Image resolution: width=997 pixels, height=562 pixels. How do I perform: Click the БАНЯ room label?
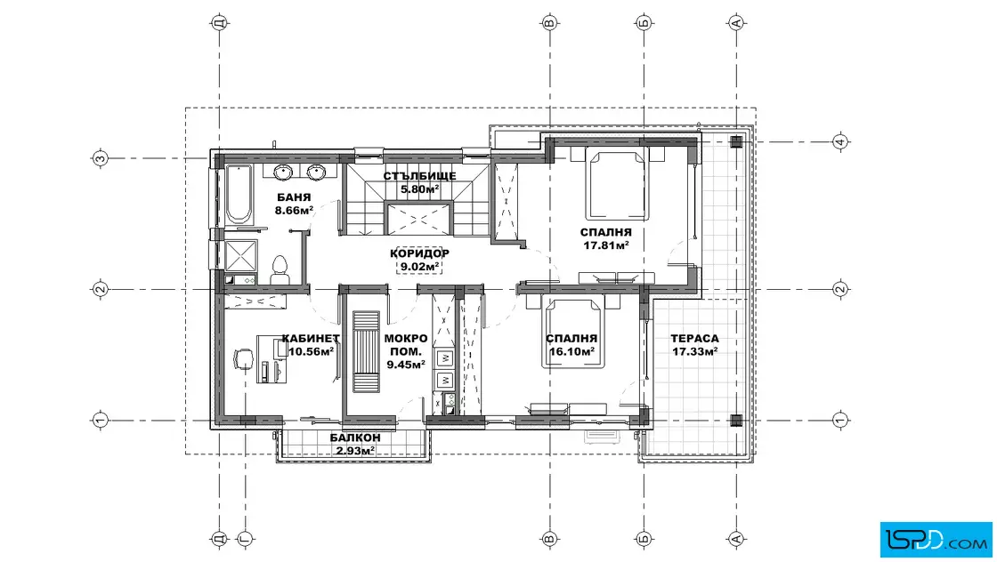[294, 197]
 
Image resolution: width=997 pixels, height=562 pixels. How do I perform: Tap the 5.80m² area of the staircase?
[419, 189]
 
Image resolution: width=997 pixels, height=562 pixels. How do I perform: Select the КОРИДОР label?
[419, 253]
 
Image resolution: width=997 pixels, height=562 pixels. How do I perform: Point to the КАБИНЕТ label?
[311, 339]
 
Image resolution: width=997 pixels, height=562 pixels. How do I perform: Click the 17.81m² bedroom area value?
[606, 245]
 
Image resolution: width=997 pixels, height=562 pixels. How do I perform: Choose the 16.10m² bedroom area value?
[571, 351]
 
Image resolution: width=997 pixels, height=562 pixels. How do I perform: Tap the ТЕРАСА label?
[694, 339]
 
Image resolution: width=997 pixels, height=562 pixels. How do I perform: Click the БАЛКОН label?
[355, 438]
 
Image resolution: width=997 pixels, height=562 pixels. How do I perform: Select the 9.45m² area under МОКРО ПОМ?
[406, 365]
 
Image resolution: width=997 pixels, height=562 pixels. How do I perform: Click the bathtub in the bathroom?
[239, 195]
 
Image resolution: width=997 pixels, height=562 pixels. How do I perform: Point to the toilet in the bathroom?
[280, 270]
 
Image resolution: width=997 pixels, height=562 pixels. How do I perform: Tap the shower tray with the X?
[241, 255]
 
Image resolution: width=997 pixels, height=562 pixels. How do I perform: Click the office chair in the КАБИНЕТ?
[243, 359]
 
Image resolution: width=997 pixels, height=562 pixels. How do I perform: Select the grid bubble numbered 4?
[840, 141]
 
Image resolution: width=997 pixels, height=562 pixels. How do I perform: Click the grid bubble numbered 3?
[100, 158]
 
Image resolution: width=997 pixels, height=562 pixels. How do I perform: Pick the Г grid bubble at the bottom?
[245, 539]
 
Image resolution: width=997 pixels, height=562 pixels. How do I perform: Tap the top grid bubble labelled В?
[549, 23]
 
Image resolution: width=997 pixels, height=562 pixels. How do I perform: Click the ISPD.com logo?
[936, 540]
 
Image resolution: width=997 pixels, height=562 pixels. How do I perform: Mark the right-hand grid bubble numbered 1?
[840, 420]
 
